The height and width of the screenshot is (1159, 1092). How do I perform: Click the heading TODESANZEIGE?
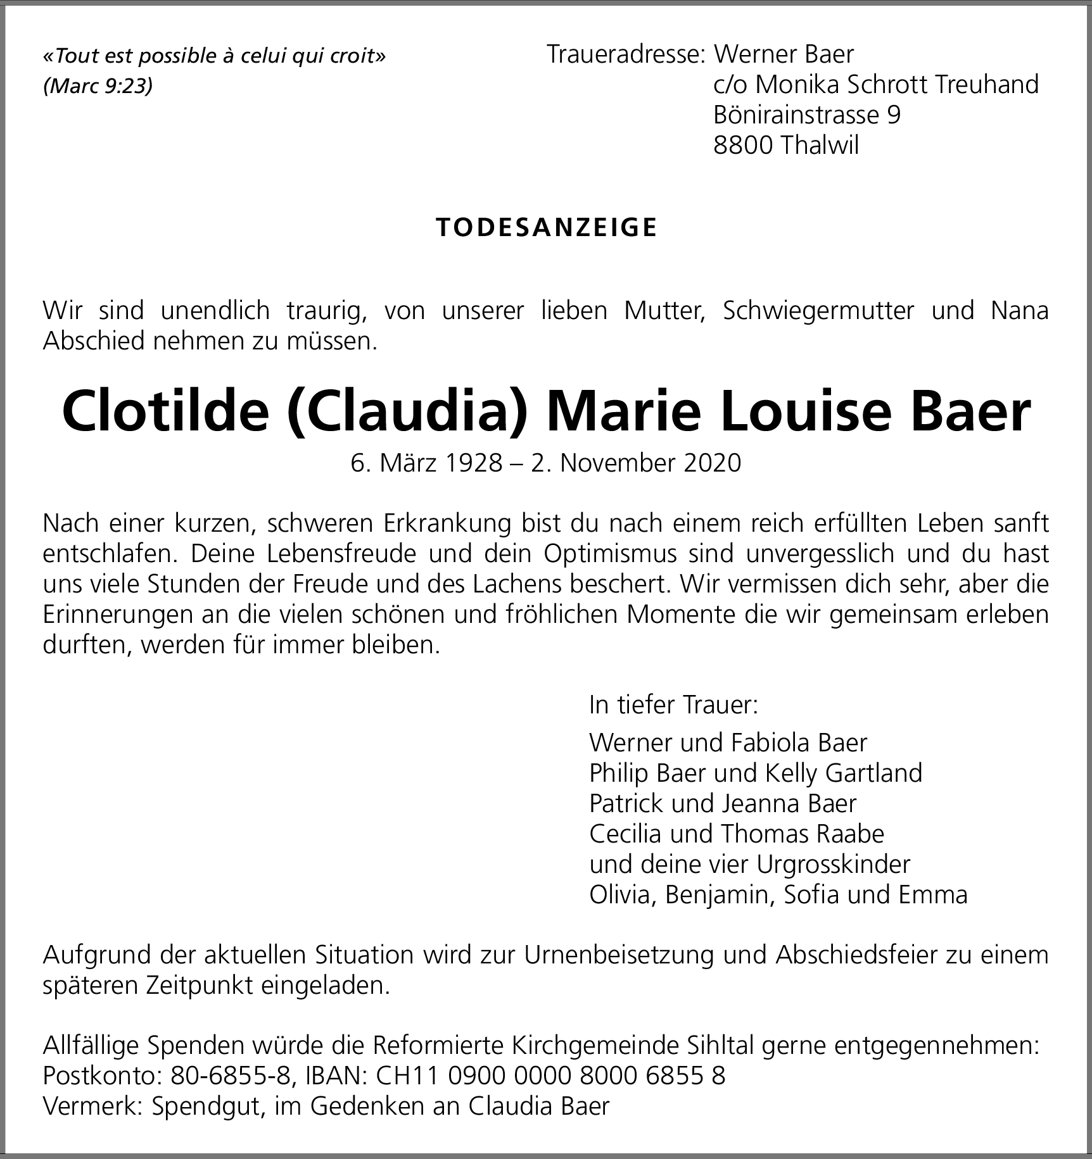547,228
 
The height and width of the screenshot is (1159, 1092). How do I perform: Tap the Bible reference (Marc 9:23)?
98,86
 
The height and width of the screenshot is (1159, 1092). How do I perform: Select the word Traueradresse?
624,54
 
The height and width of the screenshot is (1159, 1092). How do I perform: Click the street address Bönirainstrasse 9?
806,115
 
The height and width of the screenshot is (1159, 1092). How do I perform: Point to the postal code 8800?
742,146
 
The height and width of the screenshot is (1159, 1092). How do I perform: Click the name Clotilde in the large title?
165,413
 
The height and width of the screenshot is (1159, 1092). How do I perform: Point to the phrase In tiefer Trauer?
673,705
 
